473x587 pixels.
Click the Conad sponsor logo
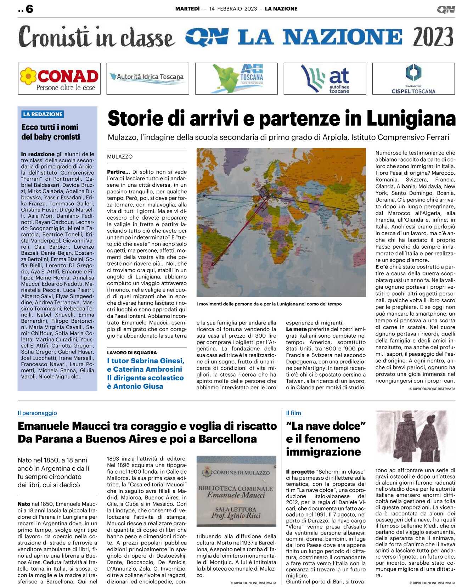[x=59, y=79]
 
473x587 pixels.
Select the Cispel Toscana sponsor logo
[x=413, y=79]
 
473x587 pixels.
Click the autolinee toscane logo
[x=325, y=79]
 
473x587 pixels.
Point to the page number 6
[x=29, y=9]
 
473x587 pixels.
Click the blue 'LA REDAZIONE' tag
[x=43, y=114]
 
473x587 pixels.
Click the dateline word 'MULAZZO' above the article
[x=120, y=157]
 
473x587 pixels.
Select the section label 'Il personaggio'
[x=37, y=413]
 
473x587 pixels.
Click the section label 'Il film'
[x=293, y=413]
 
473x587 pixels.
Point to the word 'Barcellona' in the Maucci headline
[x=227, y=439]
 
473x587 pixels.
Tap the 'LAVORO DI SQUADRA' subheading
[x=132, y=352]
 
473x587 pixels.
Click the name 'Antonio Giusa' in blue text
[x=138, y=386]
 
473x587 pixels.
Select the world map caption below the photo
[x=269, y=304]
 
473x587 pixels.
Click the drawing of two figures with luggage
[x=415, y=436]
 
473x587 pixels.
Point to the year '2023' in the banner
[x=433, y=37]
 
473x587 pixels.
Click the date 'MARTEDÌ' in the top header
[x=187, y=9]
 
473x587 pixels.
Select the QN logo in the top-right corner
[x=446, y=10]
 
